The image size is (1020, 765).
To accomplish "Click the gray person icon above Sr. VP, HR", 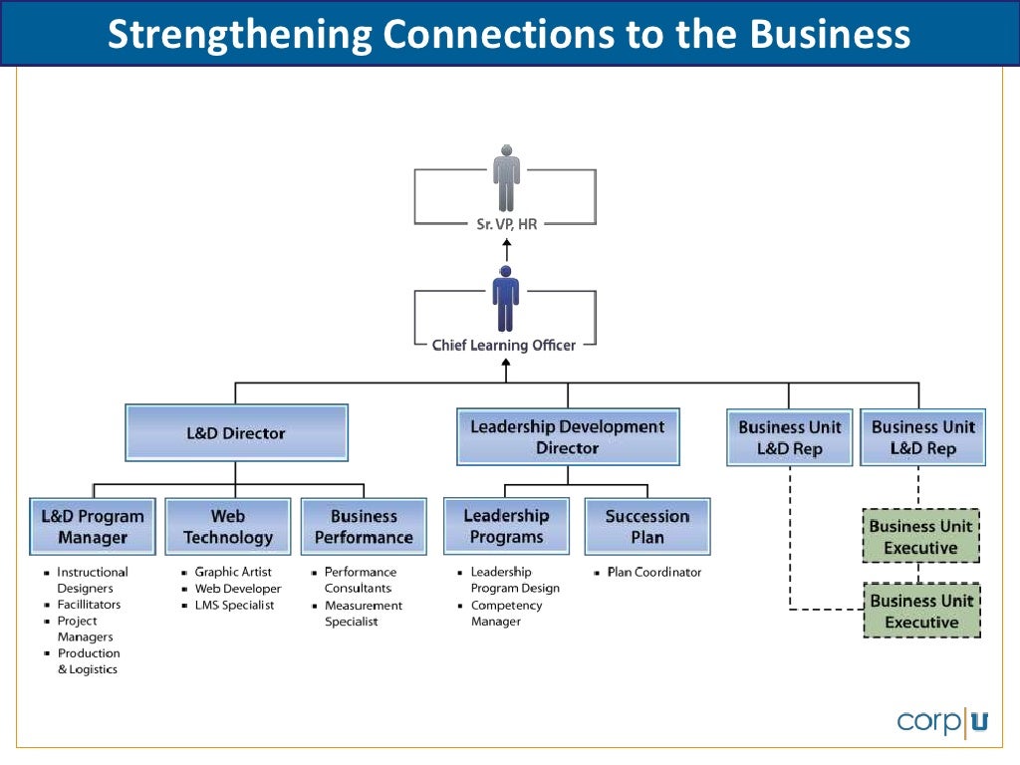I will tap(507, 179).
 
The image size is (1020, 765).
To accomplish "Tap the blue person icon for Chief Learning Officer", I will tap(506, 300).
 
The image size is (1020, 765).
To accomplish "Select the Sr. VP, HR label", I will tap(506, 225).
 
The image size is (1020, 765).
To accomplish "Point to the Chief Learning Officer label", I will tap(504, 346).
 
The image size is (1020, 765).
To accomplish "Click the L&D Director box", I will tap(236, 433).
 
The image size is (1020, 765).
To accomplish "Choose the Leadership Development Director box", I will tap(568, 437).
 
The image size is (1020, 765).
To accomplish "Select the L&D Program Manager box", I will tap(93, 527).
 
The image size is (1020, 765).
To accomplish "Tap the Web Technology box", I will tap(228, 527).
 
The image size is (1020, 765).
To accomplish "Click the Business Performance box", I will tap(364, 527).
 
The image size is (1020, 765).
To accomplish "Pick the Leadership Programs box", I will tap(506, 526).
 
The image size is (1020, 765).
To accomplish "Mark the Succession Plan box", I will tap(647, 526).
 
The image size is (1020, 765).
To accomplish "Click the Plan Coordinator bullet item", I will tap(654, 572).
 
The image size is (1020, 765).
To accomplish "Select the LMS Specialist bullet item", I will tap(234, 606).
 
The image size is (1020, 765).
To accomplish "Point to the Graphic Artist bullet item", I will tap(233, 572).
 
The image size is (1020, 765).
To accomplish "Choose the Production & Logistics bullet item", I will tap(88, 661).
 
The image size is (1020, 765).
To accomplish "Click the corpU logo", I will tap(941, 720).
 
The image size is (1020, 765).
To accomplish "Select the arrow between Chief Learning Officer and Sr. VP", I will tap(506, 250).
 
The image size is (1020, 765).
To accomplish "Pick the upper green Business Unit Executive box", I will tap(920, 537).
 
